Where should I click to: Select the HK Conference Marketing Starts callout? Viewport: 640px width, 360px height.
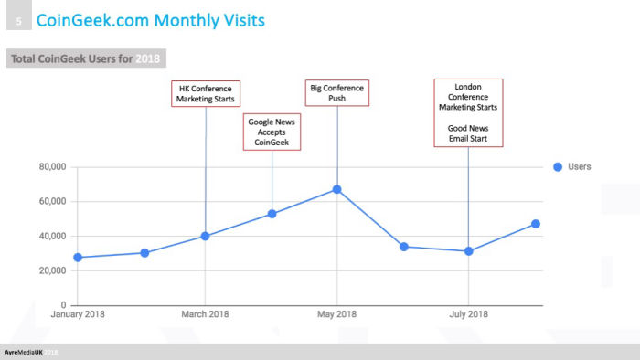(206, 93)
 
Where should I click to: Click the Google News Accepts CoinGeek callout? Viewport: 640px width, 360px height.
(272, 132)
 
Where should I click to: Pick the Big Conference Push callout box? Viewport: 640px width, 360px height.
(337, 93)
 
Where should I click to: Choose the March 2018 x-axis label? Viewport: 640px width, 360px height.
(206, 315)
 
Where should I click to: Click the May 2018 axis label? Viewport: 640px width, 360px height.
(337, 315)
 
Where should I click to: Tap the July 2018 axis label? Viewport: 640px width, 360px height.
(468, 315)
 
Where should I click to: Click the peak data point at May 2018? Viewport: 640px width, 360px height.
(337, 189)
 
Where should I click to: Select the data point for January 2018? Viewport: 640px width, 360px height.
(78, 258)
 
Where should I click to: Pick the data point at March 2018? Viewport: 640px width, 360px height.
(206, 236)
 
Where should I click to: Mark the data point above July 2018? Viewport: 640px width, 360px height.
(469, 251)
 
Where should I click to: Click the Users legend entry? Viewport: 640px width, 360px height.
(573, 166)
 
